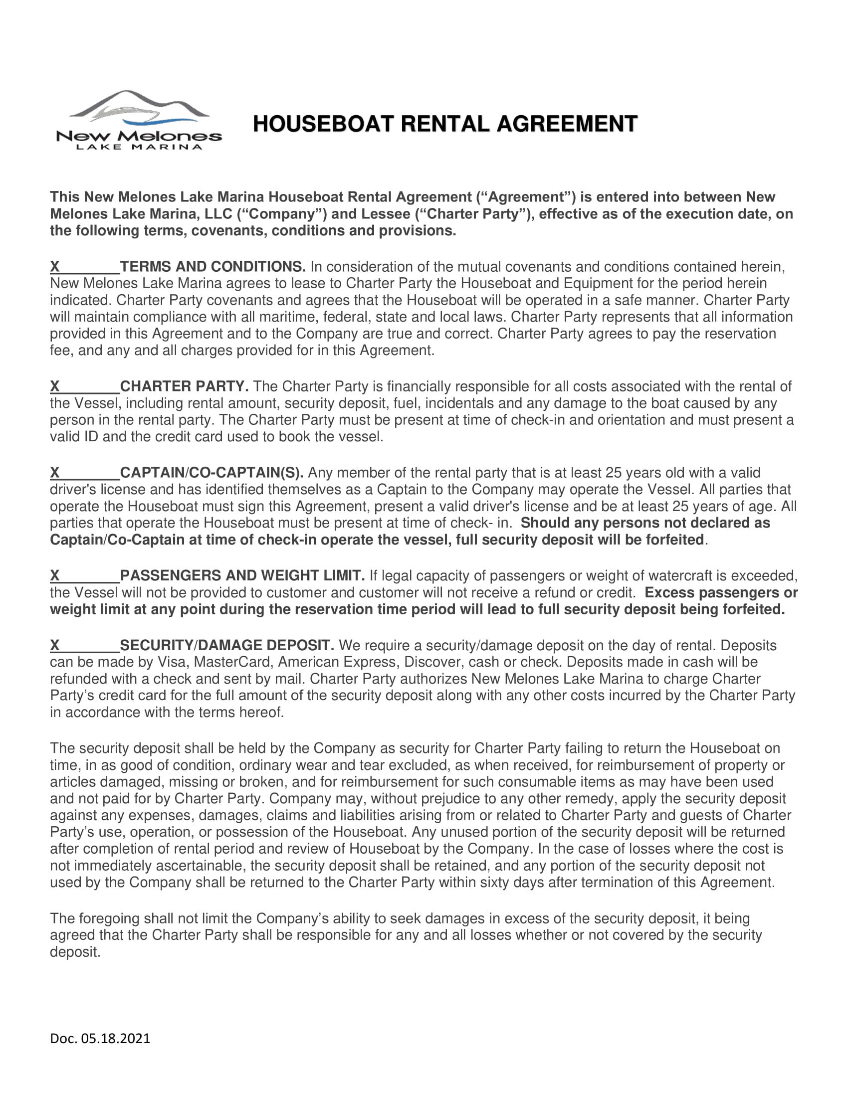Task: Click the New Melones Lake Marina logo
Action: pos(139,121)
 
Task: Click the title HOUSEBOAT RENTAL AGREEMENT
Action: pos(445,124)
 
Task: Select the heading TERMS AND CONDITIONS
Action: pos(212,267)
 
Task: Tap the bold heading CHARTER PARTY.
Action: pos(184,386)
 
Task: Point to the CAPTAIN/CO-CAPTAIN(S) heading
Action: pos(212,473)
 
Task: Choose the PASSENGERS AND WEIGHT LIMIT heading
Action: pos(242,575)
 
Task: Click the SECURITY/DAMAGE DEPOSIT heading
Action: pos(226,645)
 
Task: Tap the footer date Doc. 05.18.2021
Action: pos(100,1039)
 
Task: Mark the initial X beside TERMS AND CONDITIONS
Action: pos(55,267)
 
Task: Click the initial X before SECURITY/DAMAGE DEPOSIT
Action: pos(55,645)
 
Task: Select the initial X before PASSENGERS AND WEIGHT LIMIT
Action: pos(55,575)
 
